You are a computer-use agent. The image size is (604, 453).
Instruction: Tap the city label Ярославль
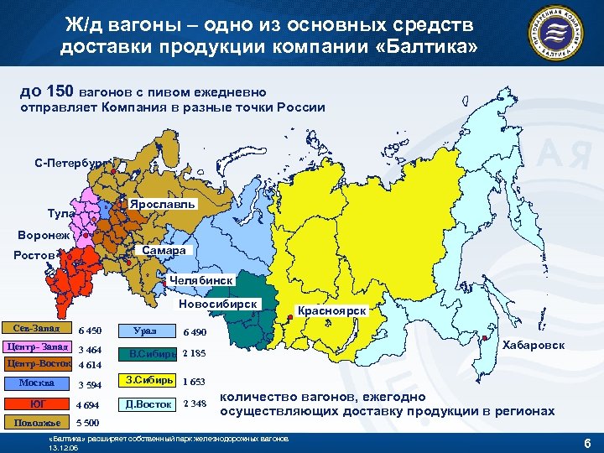162,205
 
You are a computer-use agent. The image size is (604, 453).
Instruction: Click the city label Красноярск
332,310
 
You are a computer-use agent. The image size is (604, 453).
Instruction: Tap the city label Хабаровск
533,346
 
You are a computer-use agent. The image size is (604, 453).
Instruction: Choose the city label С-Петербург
70,161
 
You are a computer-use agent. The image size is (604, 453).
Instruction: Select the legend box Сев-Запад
36,328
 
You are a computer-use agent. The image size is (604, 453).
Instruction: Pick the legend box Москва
36,383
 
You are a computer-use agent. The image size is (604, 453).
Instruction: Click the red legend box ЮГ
36,404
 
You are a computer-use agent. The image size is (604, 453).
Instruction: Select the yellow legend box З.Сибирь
148,380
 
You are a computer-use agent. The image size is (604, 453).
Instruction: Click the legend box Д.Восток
148,404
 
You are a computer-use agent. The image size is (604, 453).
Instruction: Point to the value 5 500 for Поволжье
88,423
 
